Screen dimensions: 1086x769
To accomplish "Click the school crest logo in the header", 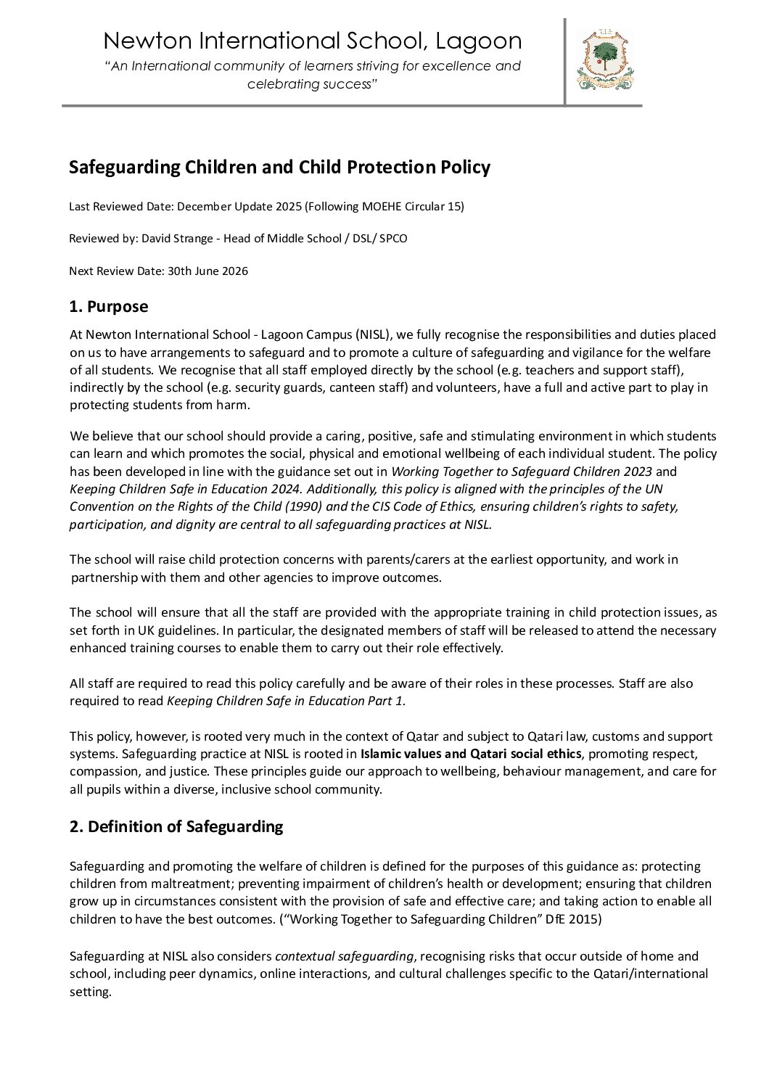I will (x=605, y=61).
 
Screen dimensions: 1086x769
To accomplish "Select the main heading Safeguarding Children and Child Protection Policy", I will (x=279, y=168).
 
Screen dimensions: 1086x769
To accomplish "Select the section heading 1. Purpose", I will (x=108, y=307).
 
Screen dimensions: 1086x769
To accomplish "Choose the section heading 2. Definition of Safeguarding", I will (x=176, y=826).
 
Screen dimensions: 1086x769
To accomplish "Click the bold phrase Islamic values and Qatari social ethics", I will (x=471, y=754).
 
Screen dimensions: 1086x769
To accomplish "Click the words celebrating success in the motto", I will (x=312, y=85).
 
